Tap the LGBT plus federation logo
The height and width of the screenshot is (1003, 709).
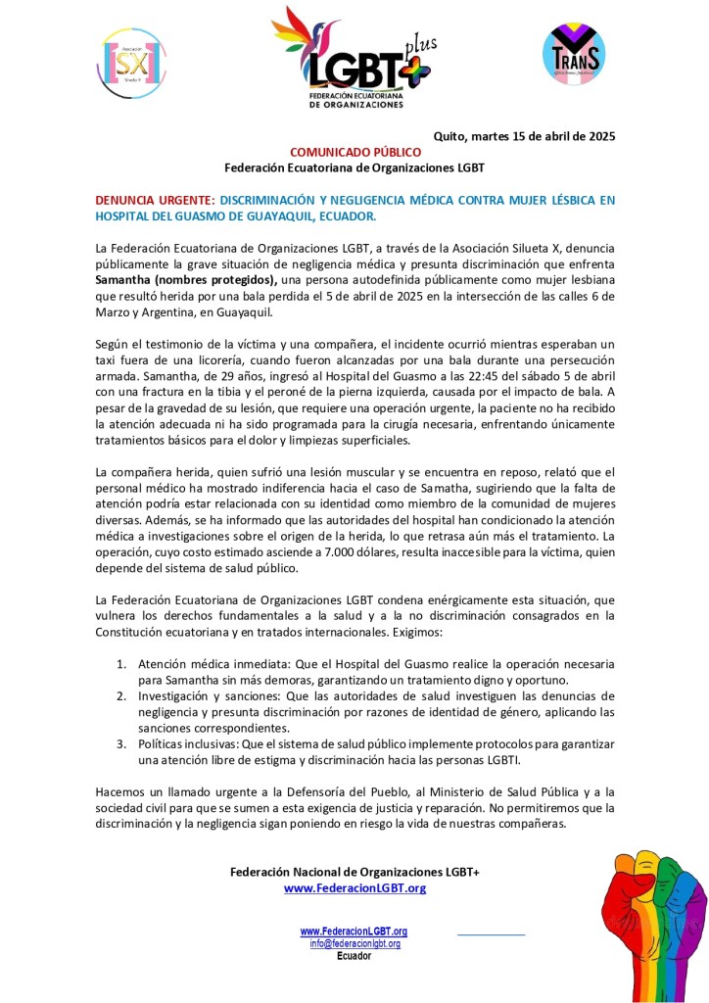click(353, 57)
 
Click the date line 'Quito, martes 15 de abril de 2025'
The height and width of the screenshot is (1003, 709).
click(524, 136)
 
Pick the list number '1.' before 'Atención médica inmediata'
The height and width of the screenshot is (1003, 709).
click(122, 661)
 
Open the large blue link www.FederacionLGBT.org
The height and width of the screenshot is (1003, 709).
click(354, 887)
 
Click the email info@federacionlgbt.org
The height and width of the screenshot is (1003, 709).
click(354, 943)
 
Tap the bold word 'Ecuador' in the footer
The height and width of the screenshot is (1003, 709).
click(354, 956)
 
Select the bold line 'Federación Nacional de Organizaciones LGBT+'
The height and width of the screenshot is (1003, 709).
click(354, 872)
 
